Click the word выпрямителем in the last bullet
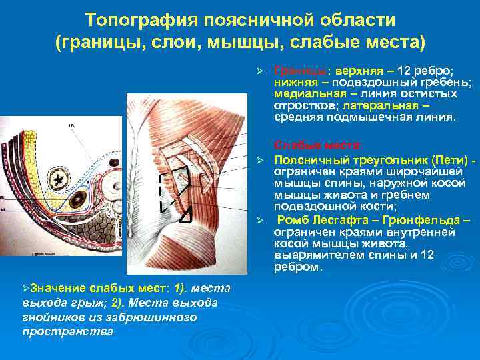pyautogui.click(x=311, y=255)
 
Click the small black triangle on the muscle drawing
pyautogui.click(x=186, y=215)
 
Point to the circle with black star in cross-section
pyautogui.click(x=61, y=180)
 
